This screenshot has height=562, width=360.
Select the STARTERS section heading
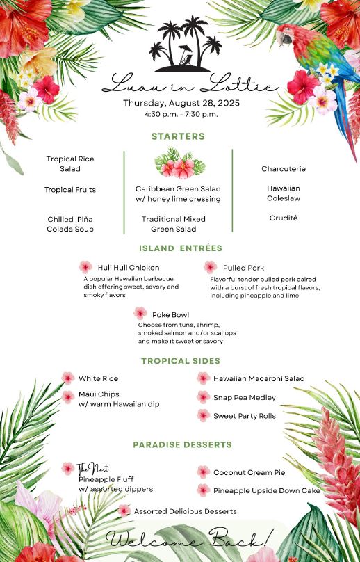tap(178, 136)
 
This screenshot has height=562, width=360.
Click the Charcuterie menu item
tap(284, 169)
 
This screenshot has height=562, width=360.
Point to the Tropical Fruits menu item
tap(70, 190)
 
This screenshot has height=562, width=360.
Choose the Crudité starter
tap(284, 218)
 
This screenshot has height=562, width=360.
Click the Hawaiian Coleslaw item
tap(284, 193)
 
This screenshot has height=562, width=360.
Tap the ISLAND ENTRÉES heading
tap(181, 248)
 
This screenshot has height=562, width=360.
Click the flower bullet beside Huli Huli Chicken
tap(85, 267)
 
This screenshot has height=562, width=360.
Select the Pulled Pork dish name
tap(243, 268)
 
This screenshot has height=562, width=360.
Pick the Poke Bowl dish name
tap(170, 315)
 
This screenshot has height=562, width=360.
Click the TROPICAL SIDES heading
tap(181, 361)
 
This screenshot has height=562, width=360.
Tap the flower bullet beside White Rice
tap(68, 378)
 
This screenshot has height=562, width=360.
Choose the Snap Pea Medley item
tap(245, 398)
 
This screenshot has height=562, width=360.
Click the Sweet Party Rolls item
tap(245, 416)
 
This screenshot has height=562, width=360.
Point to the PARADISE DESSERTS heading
tap(183, 444)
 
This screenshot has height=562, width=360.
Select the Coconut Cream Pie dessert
tap(249, 473)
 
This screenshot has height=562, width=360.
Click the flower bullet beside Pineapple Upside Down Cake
tap(203, 490)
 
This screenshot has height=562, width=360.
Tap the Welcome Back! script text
tap(190, 539)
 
